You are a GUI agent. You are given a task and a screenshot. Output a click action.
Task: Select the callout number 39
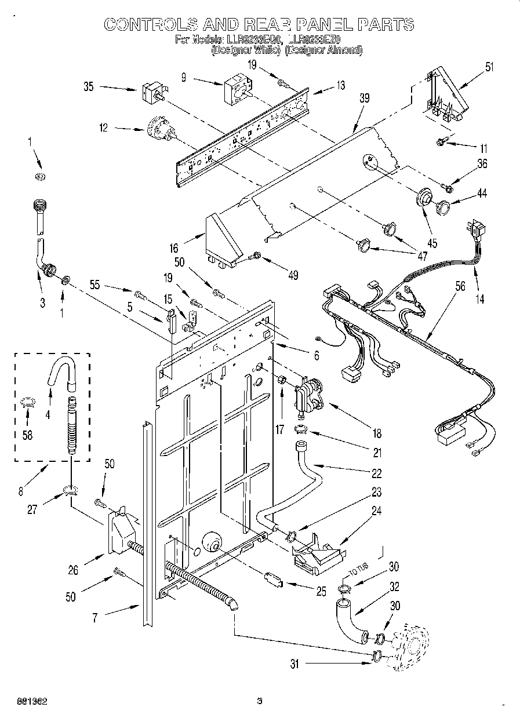[364, 99]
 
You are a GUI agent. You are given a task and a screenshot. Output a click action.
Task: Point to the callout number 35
[89, 88]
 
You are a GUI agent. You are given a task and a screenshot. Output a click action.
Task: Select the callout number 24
[376, 512]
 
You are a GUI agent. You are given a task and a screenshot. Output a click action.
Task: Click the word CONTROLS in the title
[150, 24]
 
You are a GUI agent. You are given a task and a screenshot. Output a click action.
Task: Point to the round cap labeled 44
[445, 206]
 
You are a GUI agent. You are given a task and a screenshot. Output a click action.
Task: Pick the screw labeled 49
[254, 256]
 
